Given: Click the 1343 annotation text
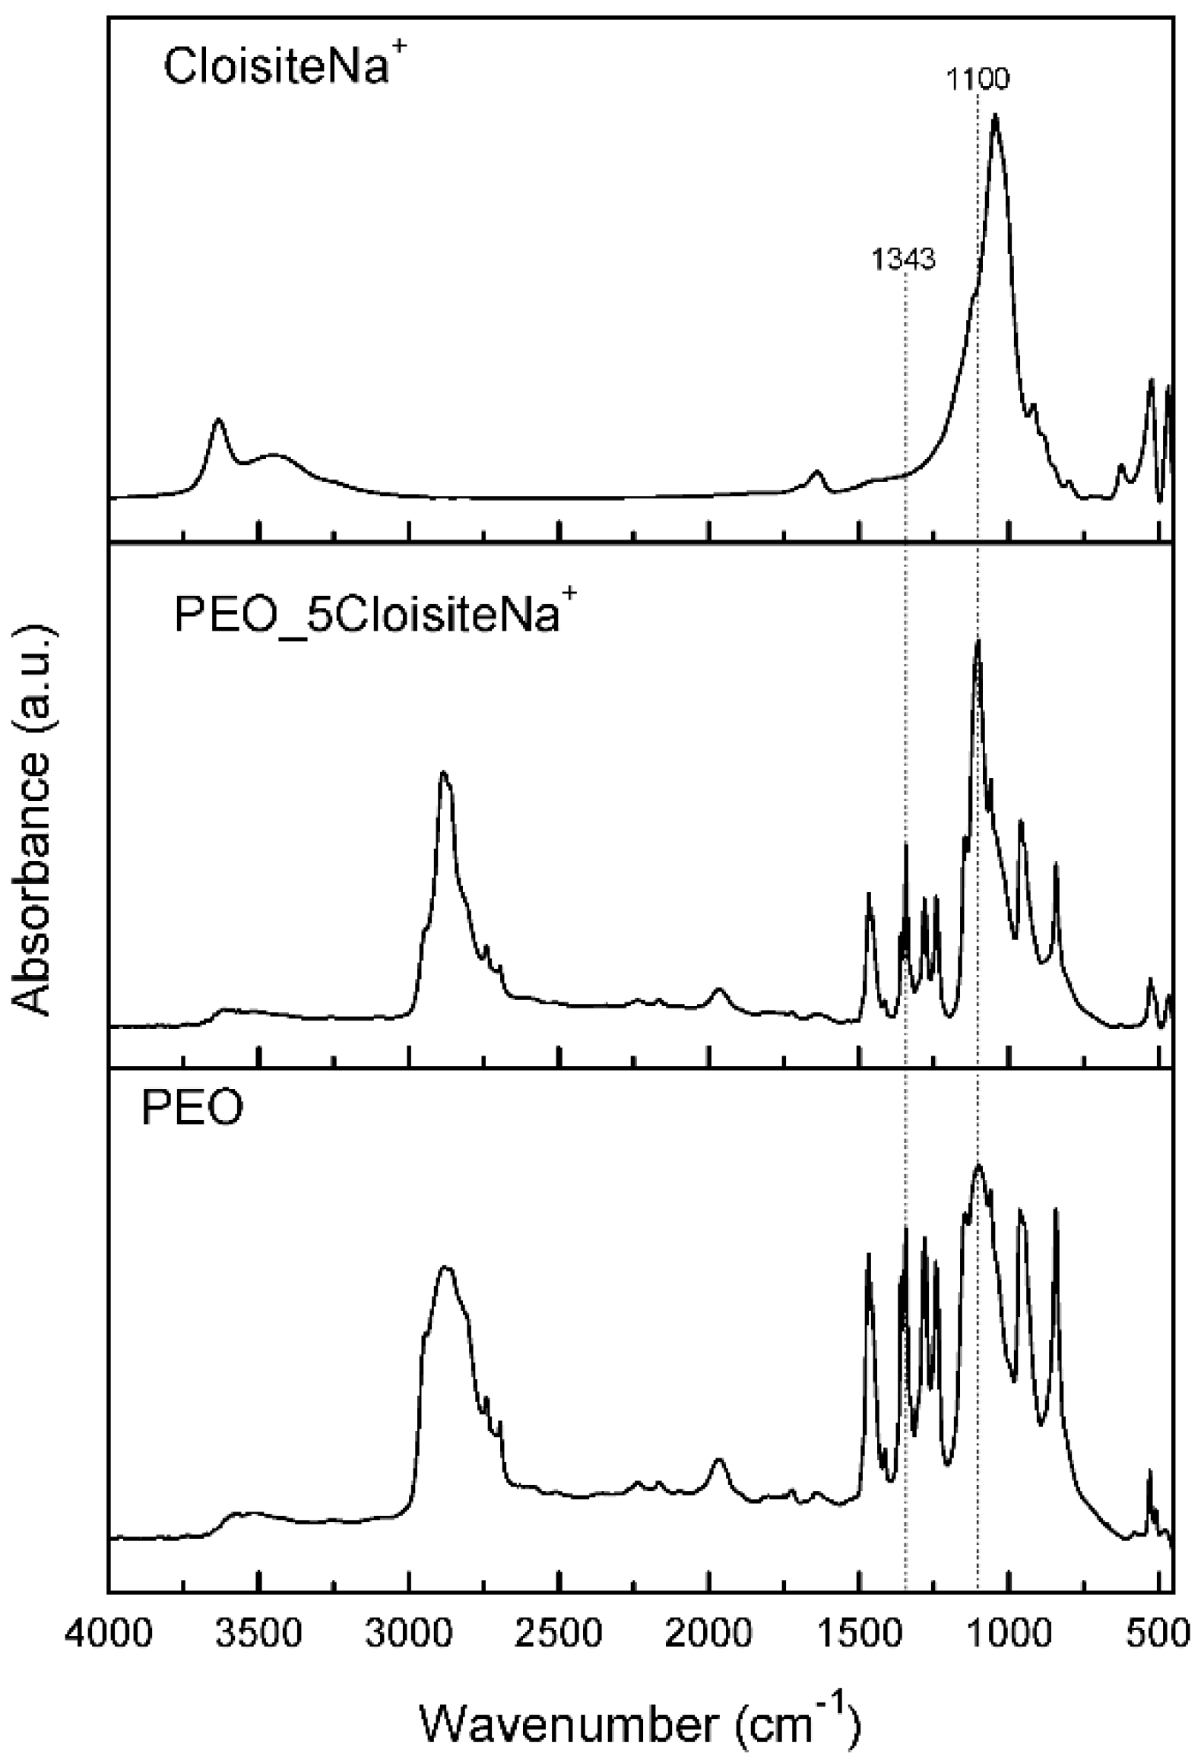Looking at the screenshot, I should (903, 260).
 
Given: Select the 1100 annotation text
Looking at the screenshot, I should (978, 78).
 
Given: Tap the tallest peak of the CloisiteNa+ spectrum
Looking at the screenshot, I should (995, 116).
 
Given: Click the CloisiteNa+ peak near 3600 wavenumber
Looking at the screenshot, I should (219, 419).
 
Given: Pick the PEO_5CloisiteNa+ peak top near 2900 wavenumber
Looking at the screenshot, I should (443, 774).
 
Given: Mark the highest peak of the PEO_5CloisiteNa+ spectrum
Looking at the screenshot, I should (978, 642).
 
